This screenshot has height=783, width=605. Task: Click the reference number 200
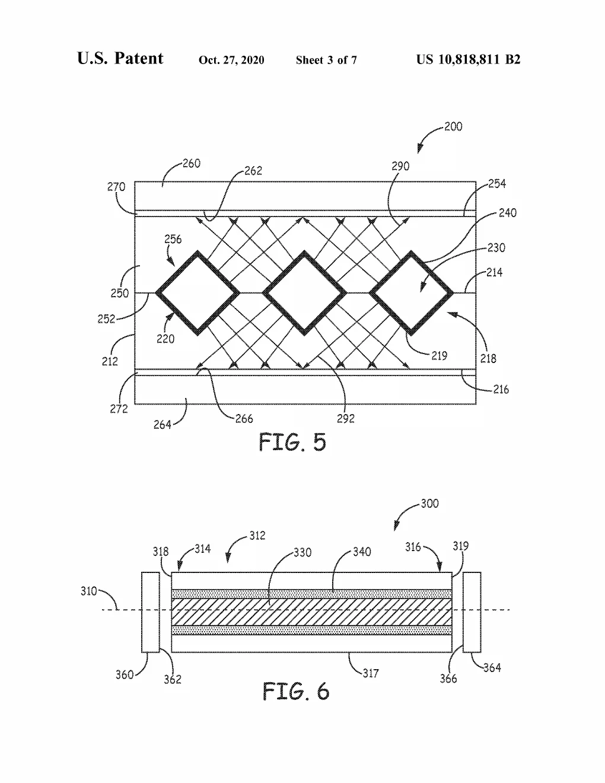pyautogui.click(x=453, y=126)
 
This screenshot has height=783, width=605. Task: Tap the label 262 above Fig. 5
pyautogui.click(x=253, y=171)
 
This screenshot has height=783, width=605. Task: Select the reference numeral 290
pyautogui.click(x=400, y=166)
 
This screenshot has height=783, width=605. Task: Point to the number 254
pyautogui.click(x=497, y=184)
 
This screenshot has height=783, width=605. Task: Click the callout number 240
pyautogui.click(x=507, y=213)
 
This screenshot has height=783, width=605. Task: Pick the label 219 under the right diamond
pyautogui.click(x=439, y=356)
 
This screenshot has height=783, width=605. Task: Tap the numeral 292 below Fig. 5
pyautogui.click(x=346, y=418)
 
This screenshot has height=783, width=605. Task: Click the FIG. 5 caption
pyautogui.click(x=292, y=442)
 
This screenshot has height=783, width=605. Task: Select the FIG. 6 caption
pyautogui.click(x=296, y=691)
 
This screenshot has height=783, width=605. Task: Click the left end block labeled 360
pyautogui.click(x=150, y=612)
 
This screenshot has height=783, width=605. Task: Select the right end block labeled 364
pyautogui.click(x=472, y=612)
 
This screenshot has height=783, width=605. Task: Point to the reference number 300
pyautogui.click(x=429, y=504)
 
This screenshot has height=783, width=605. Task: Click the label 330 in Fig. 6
pyautogui.click(x=302, y=552)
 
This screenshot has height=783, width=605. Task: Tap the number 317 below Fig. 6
pyautogui.click(x=371, y=673)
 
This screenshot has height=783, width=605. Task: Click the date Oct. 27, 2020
pyautogui.click(x=231, y=60)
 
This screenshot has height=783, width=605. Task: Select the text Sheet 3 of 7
pyautogui.click(x=326, y=60)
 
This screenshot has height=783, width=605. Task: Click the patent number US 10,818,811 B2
pyautogui.click(x=468, y=59)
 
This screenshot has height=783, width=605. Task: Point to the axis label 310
pyautogui.click(x=88, y=591)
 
